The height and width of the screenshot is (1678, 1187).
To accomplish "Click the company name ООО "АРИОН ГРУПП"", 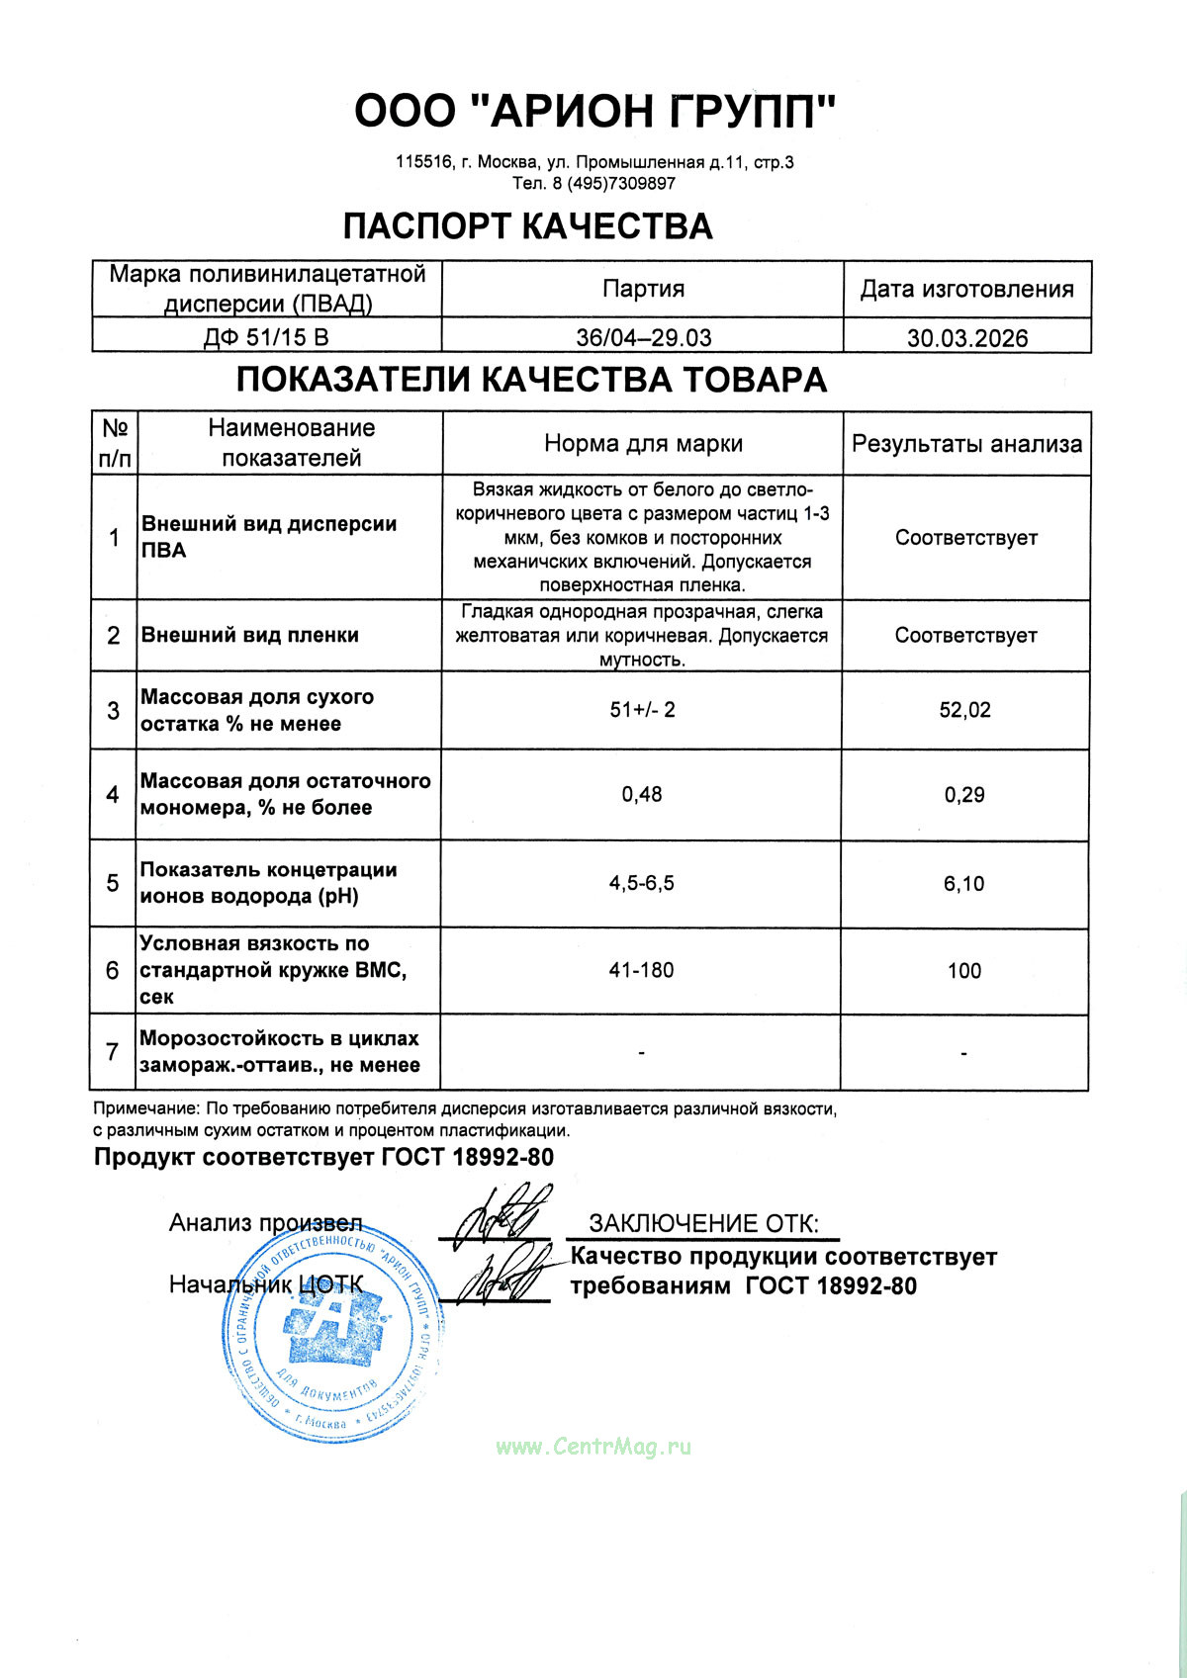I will coord(594,111).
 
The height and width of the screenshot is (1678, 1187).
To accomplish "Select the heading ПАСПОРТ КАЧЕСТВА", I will coord(527,226).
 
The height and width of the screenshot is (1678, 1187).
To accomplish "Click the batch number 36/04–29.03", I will coord(643,337).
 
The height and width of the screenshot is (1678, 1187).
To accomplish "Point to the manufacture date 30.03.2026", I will coord(966,338).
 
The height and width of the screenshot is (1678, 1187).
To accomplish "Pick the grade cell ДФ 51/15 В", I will coord(266,337).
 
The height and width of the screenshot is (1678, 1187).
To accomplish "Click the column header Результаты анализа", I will coord(966,444).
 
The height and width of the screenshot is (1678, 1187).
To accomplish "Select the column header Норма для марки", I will coord(643,444).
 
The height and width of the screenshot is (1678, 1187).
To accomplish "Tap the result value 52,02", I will coord(964,710).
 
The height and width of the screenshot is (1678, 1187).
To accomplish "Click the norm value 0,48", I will coord(642,794).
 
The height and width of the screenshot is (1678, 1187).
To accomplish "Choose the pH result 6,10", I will coord(964,884).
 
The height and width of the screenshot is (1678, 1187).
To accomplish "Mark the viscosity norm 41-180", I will coord(642,970).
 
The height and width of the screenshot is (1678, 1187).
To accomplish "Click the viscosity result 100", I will coord(964,970).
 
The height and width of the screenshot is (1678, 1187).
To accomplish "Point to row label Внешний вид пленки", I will coord(250,635).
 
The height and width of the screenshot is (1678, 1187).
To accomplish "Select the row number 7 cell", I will coord(113,1051).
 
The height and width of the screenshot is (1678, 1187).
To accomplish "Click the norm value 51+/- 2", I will coord(642,710).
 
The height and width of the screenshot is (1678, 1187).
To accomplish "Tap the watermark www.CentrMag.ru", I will coord(593,1447).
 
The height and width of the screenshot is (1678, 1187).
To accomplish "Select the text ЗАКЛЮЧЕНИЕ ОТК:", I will coord(703,1224).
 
